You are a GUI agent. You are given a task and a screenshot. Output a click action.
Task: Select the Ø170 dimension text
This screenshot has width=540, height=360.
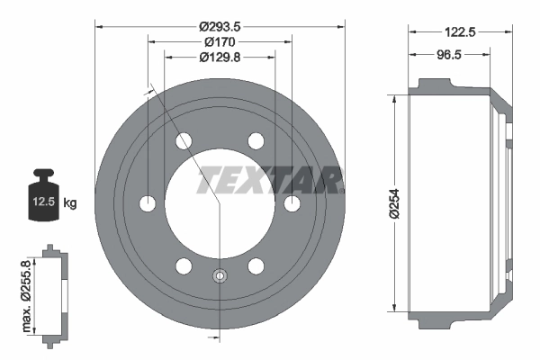pyautogui.click(x=220, y=41)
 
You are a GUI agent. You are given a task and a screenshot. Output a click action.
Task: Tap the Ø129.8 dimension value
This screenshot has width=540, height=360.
pyautogui.click(x=220, y=57)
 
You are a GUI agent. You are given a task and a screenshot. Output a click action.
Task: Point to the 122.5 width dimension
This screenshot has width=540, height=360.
pyautogui.click(x=460, y=31)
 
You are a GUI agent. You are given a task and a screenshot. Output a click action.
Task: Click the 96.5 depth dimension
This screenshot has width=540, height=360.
pyautogui.click(x=450, y=55)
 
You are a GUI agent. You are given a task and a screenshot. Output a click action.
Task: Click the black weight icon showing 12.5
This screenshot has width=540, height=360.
pyautogui.click(x=43, y=192)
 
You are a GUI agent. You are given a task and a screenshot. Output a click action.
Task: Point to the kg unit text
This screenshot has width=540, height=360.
pyautogui.click(x=70, y=203)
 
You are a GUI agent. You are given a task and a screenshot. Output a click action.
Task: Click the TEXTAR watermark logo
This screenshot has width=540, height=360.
pyautogui.click(x=269, y=180)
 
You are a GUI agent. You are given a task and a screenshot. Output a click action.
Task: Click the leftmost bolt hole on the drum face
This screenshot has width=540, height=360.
pyautogui.click(x=148, y=203)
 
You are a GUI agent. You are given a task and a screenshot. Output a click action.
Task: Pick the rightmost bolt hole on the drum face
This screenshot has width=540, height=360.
pyautogui.click(x=292, y=203)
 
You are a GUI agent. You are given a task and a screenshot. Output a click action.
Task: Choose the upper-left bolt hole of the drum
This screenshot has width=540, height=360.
pyautogui.click(x=184, y=141)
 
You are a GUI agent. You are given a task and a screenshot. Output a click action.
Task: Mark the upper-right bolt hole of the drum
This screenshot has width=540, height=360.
pyautogui.click(x=256, y=141)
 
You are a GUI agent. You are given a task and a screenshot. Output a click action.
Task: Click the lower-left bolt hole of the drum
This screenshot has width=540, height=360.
pyautogui.click(x=184, y=265)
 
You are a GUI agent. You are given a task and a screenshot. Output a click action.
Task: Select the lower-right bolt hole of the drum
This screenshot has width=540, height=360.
pyautogui.click(x=256, y=265)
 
